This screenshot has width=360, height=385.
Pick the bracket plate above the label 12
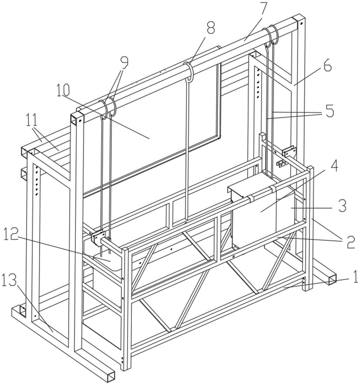(99, 235)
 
